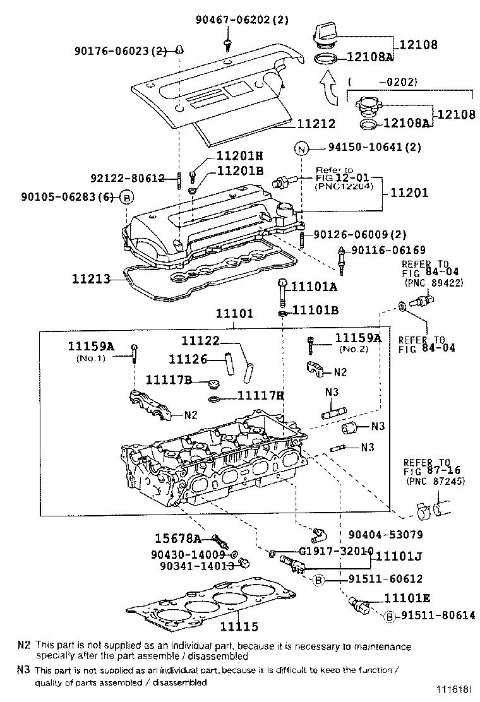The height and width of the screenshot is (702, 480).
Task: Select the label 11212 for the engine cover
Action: click(x=317, y=124)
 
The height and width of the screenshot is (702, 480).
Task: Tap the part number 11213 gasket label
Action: click(x=90, y=278)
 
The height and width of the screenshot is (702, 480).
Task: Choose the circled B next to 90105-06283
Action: click(x=127, y=198)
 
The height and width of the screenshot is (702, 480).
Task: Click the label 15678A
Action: click(x=178, y=538)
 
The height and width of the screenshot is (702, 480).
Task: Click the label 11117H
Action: click(x=260, y=395)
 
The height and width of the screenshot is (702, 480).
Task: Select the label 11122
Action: click(x=200, y=341)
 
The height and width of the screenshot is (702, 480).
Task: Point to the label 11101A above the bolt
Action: click(x=313, y=287)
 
